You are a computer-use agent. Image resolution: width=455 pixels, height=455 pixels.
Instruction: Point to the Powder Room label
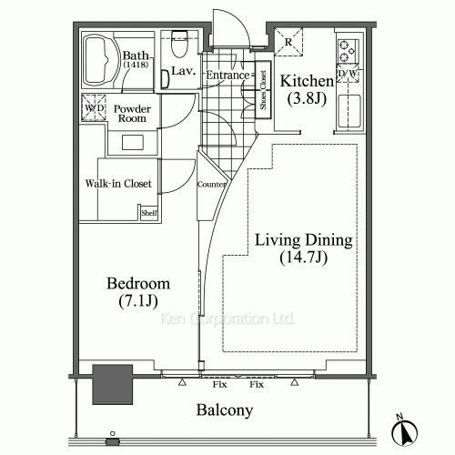(x=132, y=114)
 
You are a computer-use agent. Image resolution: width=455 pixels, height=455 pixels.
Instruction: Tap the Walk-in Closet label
(x=118, y=184)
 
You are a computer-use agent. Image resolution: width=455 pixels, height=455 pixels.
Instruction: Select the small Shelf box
(x=148, y=213)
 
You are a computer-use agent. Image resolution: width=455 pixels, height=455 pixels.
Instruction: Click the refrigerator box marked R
(x=288, y=42)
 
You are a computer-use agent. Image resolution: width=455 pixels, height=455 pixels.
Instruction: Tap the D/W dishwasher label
(x=347, y=75)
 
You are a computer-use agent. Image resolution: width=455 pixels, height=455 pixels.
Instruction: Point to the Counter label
(x=211, y=184)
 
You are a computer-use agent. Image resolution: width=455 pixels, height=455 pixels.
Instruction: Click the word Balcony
(x=225, y=410)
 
